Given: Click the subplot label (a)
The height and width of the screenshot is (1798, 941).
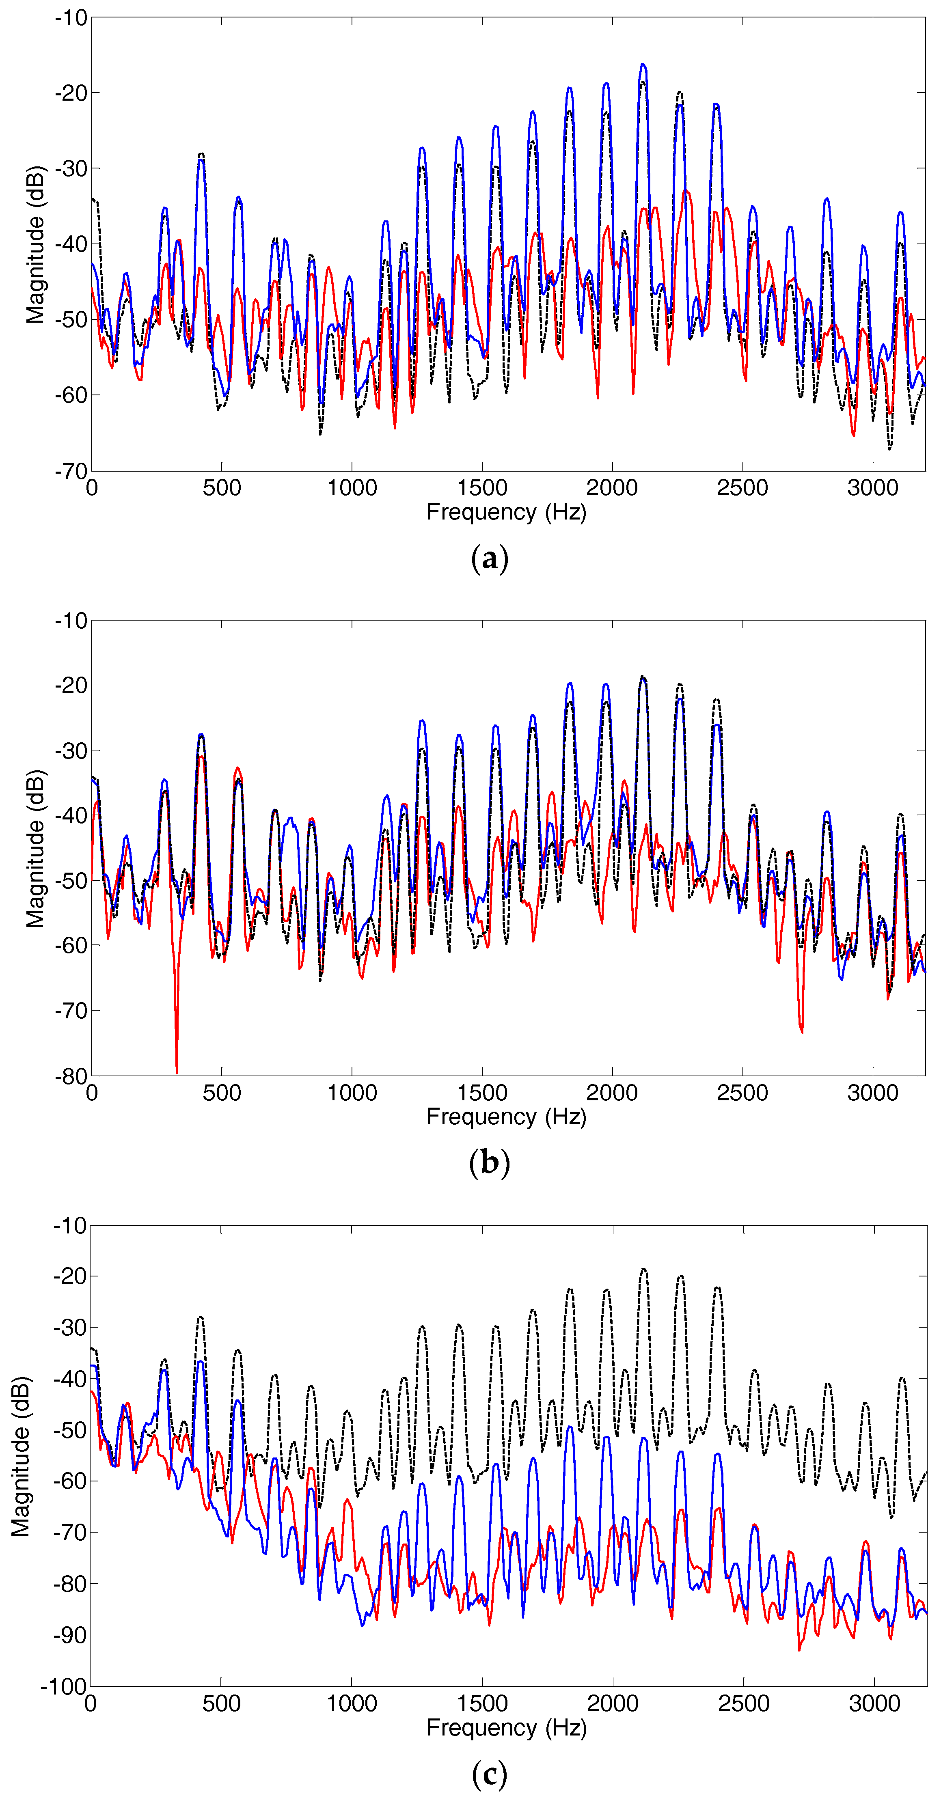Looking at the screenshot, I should pos(489,559).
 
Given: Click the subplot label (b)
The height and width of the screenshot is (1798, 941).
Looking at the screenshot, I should pos(489,1162).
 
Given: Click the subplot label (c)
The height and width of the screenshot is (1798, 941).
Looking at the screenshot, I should pos(489,1772).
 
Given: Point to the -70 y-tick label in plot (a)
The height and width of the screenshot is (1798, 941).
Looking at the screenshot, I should pos(71,471).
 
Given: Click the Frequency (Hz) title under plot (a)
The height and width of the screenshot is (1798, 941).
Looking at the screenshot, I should pos(506,512).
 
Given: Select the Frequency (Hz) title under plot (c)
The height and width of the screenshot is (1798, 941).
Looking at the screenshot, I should pos(506,1728).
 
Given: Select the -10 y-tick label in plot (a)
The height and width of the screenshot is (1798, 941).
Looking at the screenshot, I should pos(71,17).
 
